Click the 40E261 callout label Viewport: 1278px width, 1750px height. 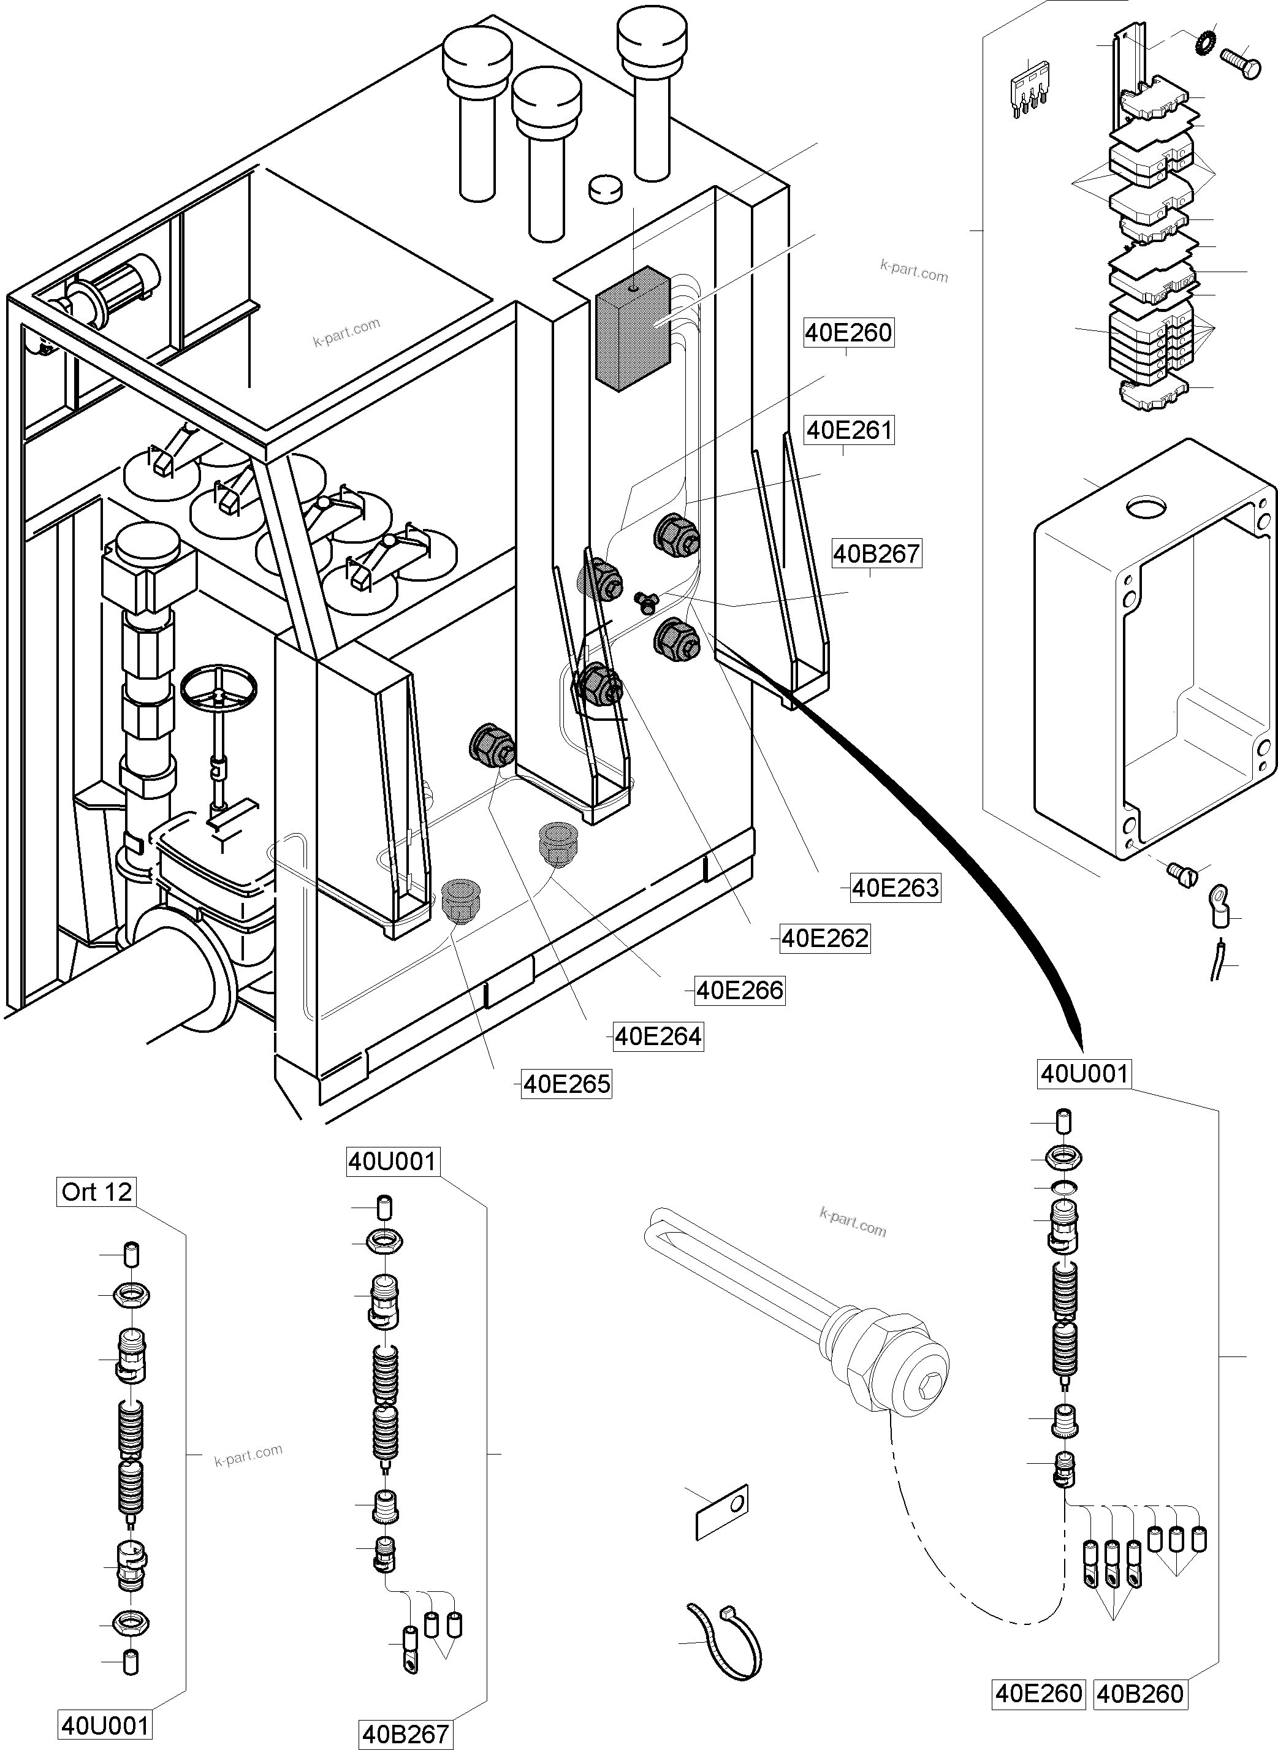[849, 430]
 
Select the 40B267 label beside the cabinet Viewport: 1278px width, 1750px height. [877, 554]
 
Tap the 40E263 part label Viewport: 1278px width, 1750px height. [895, 888]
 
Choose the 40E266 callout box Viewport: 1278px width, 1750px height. [740, 991]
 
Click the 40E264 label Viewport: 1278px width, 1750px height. [658, 1036]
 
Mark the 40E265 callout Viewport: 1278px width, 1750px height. [566, 1084]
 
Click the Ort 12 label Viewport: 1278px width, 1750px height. [97, 1192]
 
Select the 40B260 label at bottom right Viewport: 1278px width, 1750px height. [1140, 1694]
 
